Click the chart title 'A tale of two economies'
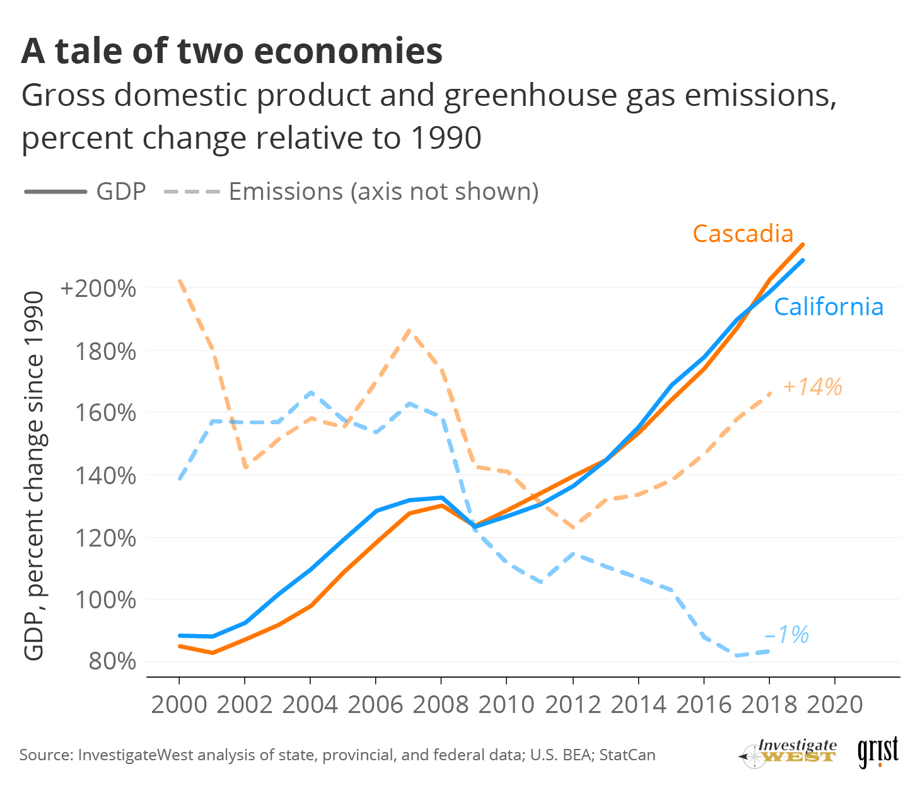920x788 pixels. tap(231, 51)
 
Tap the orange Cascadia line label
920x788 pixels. tap(743, 234)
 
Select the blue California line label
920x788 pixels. tap(828, 307)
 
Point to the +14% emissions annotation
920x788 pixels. tap(812, 386)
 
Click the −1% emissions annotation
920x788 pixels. tap(786, 634)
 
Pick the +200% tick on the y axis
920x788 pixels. tap(98, 289)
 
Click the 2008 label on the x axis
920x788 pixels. tap(441, 704)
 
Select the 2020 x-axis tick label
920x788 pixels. tap(834, 704)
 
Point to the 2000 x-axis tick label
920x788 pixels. tap(179, 704)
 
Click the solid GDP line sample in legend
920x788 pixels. tap(55, 192)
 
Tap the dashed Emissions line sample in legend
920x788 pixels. tap(192, 192)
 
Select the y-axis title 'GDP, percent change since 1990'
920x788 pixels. tap(34, 476)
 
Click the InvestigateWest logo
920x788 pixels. tap(788, 752)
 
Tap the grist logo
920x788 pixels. tap(878, 752)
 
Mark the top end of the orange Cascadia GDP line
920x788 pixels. tap(802, 245)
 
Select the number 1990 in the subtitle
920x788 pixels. tap(446, 138)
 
